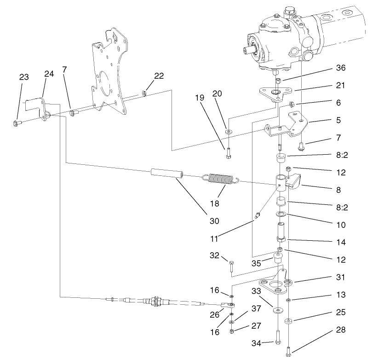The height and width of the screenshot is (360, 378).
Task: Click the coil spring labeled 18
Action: (220, 180)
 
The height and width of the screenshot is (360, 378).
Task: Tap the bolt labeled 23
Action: (16, 122)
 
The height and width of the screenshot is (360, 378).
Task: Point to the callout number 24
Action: (49, 74)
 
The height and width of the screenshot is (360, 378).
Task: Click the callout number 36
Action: (340, 68)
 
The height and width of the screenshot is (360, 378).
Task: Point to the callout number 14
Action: (340, 242)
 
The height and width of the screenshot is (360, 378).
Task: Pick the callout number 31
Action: (340, 278)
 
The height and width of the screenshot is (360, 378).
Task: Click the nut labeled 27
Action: (232, 331)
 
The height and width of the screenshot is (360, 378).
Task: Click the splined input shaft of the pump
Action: (248, 49)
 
